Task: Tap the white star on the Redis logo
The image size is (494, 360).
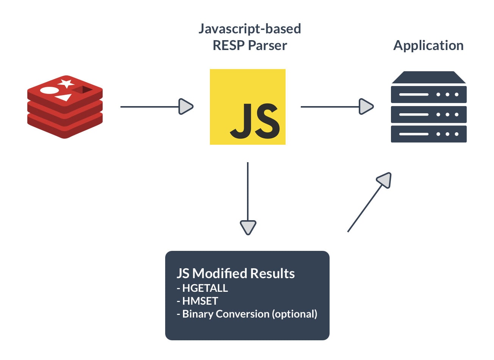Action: pyautogui.click(x=66, y=83)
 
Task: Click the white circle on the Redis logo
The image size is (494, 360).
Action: pyautogui.click(x=49, y=91)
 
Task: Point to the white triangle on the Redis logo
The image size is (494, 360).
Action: pyautogui.click(x=64, y=97)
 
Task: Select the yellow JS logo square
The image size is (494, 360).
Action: pyautogui.click(x=247, y=106)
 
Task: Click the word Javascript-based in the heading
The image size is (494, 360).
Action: pyautogui.click(x=250, y=29)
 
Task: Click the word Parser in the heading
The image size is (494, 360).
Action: pyautogui.click(x=267, y=45)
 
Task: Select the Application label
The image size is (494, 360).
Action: pyautogui.click(x=428, y=45)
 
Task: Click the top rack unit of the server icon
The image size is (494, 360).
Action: pyautogui.click(x=428, y=94)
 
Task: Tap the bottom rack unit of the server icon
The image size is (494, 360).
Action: pyautogui.click(x=428, y=134)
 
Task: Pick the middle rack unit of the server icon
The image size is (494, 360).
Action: pyautogui.click(x=428, y=114)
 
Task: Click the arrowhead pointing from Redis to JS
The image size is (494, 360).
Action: pyautogui.click(x=186, y=106)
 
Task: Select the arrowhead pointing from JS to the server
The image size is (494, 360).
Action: pyautogui.click(x=366, y=106)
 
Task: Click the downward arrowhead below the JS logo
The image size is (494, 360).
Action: pyautogui.click(x=248, y=227)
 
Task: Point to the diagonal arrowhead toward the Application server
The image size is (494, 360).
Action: pyautogui.click(x=385, y=180)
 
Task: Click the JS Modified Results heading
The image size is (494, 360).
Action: pyautogui.click(x=236, y=273)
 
